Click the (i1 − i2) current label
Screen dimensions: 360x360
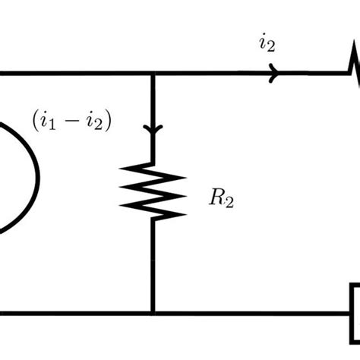71,120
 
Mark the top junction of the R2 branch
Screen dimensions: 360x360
153,74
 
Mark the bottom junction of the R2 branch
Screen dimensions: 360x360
153,312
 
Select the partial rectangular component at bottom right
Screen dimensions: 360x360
354,311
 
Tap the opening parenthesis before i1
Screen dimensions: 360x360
35,120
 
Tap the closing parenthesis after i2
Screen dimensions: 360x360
108,120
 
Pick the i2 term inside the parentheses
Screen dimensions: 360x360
94,120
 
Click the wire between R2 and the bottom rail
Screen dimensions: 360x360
153,266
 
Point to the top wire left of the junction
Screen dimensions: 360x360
76,74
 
